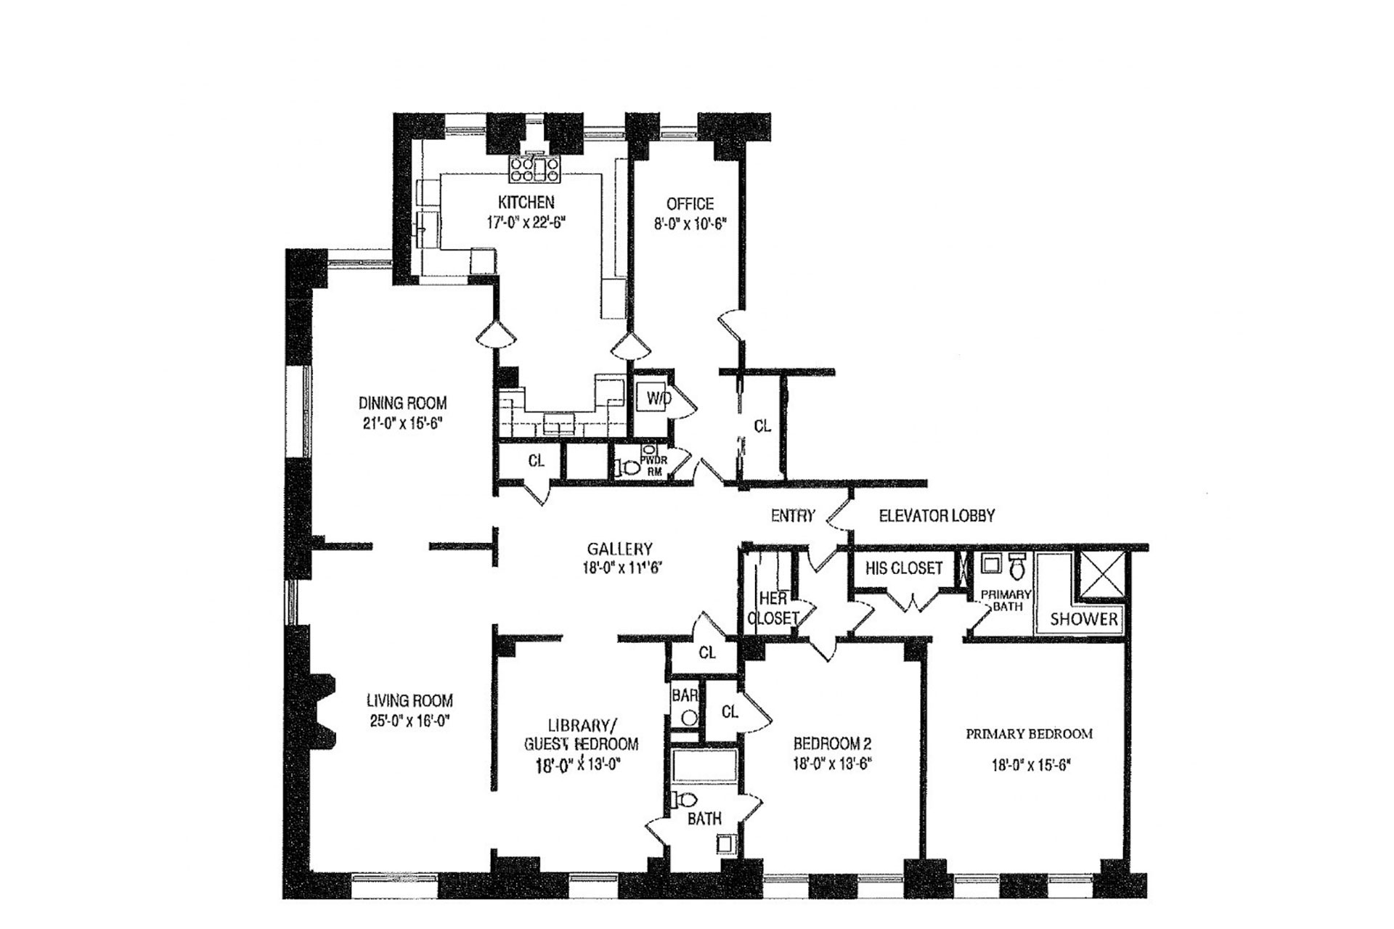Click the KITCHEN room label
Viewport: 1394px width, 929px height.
point(526,202)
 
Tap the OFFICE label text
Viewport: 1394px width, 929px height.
point(690,204)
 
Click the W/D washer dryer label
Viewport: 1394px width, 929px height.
point(659,398)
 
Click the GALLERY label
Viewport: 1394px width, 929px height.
point(619,549)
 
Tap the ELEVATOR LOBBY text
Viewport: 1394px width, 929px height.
point(937,515)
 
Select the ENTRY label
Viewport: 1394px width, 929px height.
point(793,515)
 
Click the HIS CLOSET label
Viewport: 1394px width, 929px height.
point(903,568)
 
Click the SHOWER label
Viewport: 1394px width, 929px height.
point(1084,619)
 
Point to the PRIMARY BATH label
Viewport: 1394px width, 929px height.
point(1006,600)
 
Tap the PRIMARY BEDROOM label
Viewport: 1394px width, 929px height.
point(1029,734)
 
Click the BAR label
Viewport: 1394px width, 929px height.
point(685,695)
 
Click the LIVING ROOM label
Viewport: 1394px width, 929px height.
point(409,701)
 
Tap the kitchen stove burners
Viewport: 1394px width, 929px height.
point(534,169)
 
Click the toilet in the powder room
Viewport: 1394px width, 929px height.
point(627,469)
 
